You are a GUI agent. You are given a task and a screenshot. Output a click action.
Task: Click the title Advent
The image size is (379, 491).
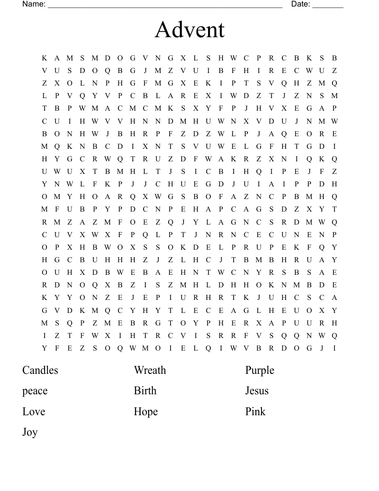tap(189, 30)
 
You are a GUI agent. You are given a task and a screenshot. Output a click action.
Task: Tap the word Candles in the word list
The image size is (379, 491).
tap(40, 371)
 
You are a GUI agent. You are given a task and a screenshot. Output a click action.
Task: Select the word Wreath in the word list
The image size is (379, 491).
tap(150, 371)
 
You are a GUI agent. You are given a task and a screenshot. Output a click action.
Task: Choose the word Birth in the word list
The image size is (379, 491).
tap(145, 391)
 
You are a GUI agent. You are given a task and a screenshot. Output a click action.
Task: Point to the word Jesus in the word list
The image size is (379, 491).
tap(257, 391)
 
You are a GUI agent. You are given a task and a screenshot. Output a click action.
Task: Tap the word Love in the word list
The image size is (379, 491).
tap(34, 412)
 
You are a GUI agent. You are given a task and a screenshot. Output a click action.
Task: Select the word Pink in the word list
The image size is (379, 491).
tap(255, 411)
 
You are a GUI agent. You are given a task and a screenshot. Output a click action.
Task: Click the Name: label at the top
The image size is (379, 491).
tap(34, 4)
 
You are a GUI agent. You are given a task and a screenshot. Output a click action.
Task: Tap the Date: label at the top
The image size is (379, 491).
tap(301, 4)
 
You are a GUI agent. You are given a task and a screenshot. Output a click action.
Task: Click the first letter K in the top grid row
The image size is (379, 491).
tap(45, 58)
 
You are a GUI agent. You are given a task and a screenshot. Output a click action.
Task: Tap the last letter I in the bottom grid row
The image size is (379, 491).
tap(334, 348)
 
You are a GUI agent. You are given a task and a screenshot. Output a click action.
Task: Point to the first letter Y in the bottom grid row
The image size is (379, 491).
tap(45, 348)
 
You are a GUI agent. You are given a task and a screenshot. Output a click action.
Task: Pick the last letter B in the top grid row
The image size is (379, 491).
tap(334, 58)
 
